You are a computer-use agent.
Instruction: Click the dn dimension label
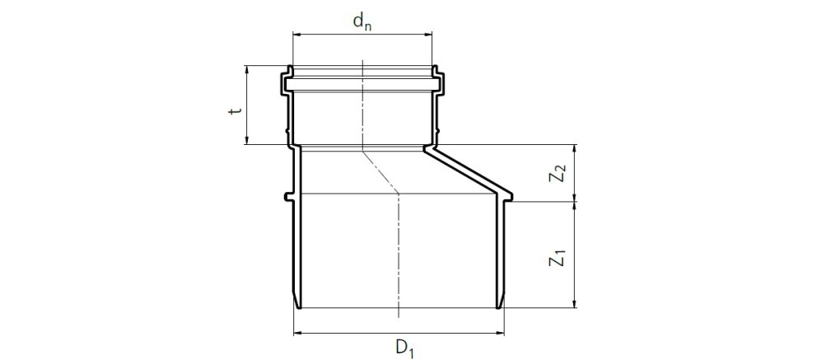(362, 21)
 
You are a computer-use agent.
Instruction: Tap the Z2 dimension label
(559, 174)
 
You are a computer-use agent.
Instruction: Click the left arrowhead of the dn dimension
(296, 35)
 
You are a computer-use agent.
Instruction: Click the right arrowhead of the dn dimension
(428, 35)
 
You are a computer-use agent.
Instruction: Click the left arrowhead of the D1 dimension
(298, 333)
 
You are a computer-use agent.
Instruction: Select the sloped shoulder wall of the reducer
(468, 171)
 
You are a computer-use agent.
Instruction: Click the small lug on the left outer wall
(287, 196)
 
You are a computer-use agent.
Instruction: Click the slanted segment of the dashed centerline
(380, 170)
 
